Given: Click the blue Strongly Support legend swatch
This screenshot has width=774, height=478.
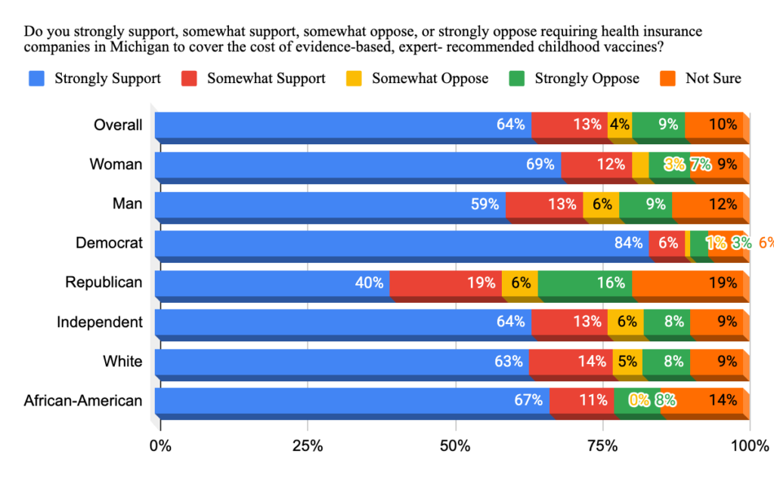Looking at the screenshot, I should (36, 79).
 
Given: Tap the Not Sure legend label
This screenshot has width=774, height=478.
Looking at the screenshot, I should (713, 79).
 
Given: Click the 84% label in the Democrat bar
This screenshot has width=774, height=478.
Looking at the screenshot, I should (629, 243).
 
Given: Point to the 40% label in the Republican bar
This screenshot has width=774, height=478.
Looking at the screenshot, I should (370, 282).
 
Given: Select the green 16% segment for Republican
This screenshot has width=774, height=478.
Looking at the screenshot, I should (584, 282).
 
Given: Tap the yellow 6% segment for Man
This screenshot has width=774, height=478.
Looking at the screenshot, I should (601, 204).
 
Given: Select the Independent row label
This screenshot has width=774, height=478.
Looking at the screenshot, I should (100, 322).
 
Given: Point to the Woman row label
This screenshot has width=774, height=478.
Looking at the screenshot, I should (116, 164).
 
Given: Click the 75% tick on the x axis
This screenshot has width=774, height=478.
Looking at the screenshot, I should (602, 446).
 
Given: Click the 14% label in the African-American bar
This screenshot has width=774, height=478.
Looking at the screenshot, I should (722, 401).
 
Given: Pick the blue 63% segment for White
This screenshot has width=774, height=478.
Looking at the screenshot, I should (340, 362).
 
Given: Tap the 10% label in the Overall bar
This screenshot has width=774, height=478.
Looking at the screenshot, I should (722, 125).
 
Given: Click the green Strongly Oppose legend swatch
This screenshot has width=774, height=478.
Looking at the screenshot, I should (517, 79).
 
